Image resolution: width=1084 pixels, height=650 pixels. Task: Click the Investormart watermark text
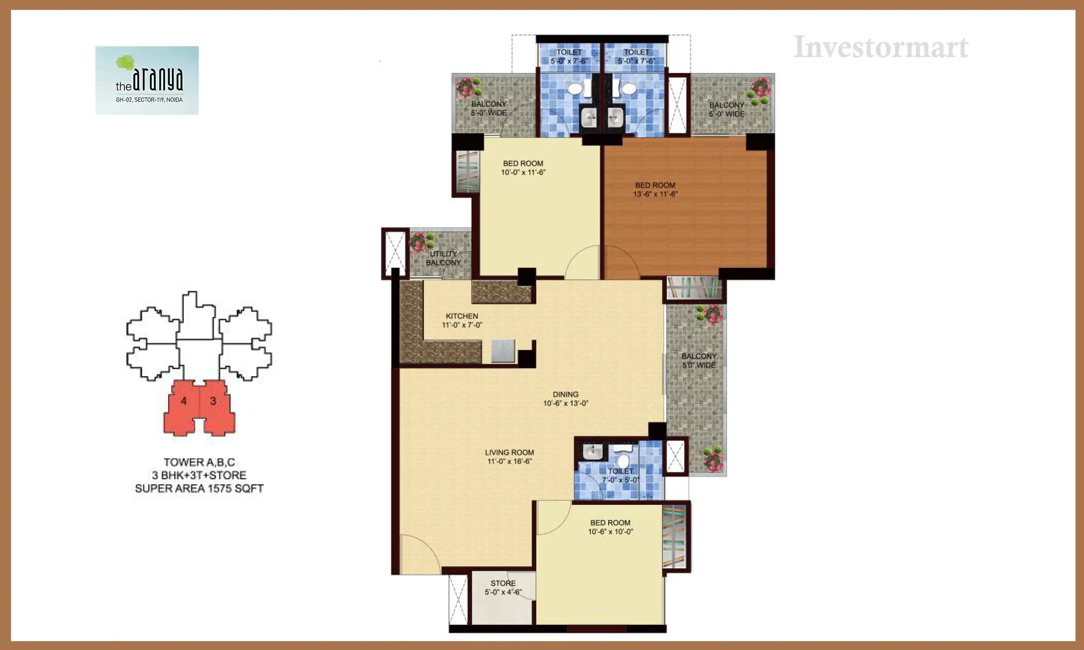(881, 47)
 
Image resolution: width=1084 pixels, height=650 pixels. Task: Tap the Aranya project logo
(147, 80)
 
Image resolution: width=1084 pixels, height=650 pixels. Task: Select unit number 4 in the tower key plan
(184, 401)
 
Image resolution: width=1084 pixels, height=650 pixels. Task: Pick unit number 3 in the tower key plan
(213, 401)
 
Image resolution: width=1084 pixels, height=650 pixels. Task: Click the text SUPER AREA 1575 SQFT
(199, 488)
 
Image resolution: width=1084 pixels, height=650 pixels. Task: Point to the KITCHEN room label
(462, 316)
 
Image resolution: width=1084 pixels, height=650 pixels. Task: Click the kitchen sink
(503, 351)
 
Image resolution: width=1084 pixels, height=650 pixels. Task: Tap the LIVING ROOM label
(509, 452)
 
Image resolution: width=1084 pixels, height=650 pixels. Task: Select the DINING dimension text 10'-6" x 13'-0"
(565, 403)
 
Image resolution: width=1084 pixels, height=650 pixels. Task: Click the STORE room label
(503, 583)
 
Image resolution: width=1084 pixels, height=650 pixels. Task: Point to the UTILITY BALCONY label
(443, 258)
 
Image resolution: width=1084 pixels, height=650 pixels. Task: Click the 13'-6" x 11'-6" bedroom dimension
(655, 194)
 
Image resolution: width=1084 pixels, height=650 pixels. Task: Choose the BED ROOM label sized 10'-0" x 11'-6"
(523, 163)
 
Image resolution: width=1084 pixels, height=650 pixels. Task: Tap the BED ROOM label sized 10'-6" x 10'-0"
(610, 523)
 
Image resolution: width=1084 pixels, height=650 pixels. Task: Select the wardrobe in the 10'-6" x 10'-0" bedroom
(674, 537)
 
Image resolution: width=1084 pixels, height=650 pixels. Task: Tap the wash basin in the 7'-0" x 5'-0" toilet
(592, 450)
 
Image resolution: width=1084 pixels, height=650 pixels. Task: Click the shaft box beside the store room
(458, 599)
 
